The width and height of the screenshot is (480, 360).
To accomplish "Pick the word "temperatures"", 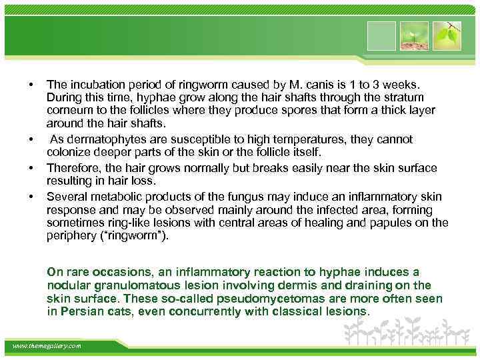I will [311, 139].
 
